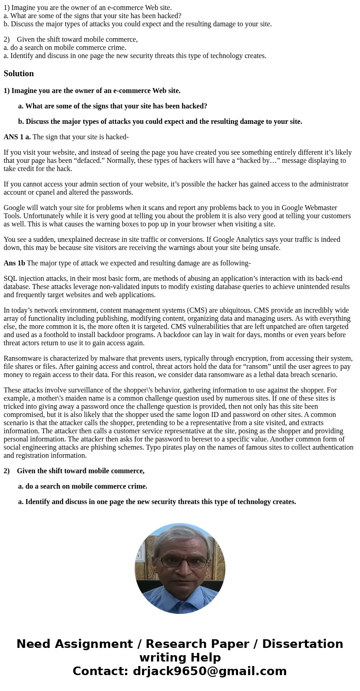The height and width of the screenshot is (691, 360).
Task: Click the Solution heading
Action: [x=19, y=74]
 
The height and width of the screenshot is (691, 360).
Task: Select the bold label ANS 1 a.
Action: [x=17, y=137]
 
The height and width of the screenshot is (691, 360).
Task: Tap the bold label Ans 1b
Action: [x=14, y=263]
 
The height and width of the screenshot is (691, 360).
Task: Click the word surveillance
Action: [x=96, y=390]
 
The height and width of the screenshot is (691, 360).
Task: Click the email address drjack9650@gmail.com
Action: [x=209, y=671]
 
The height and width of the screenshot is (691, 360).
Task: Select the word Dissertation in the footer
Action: [x=302, y=644]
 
